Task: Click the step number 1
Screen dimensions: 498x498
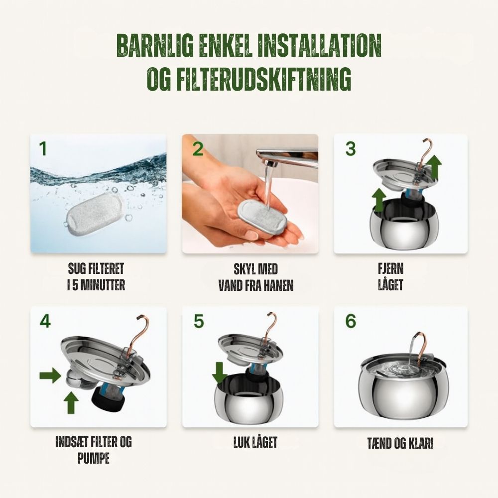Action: tap(43, 148)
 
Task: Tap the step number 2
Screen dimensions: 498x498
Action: tap(198, 148)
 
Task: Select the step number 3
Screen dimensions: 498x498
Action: tap(351, 148)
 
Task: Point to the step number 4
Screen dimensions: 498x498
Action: tap(45, 321)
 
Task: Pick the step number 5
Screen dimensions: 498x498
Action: tap(199, 321)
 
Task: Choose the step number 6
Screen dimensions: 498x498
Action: tap(351, 321)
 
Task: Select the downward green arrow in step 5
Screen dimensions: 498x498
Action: tap(219, 372)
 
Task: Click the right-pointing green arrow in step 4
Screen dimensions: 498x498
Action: tap(50, 375)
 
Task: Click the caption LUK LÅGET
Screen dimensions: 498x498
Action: tap(255, 442)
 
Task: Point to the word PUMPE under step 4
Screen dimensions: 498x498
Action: tap(93, 458)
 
